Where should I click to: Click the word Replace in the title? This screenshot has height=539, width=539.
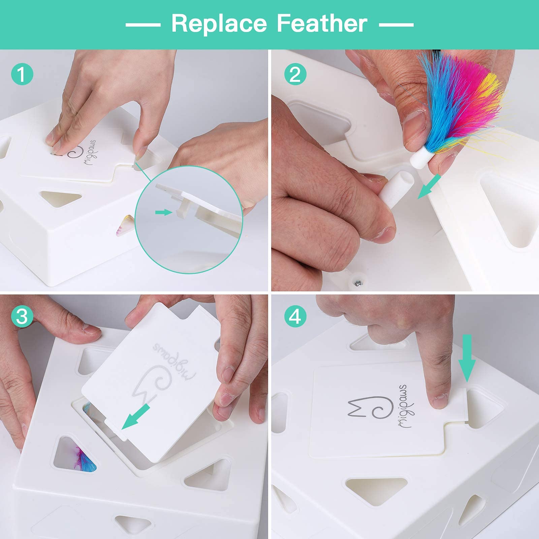pos(219,24)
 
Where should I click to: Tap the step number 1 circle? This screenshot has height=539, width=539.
pos(22,74)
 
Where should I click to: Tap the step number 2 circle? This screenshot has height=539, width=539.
pos(295,74)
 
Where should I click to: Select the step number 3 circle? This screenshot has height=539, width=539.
pos(22,317)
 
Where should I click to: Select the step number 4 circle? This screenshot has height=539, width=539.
pos(295,317)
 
